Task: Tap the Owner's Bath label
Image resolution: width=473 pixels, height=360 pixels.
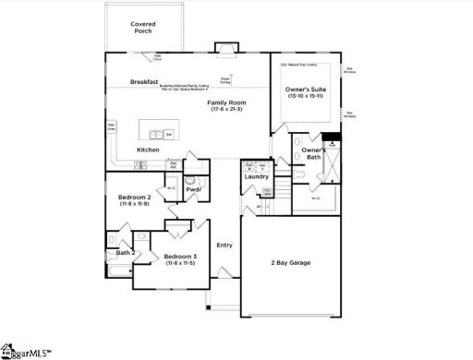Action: pyautogui.click(x=314, y=153)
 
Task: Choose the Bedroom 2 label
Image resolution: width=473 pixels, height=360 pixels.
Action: pyautogui.click(x=134, y=198)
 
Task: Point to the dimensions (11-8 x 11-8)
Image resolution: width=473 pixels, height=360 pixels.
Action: pyautogui.click(x=134, y=205)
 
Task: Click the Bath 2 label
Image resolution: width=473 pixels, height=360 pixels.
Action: pyautogui.click(x=126, y=252)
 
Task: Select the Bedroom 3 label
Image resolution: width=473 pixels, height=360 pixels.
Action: pyautogui.click(x=180, y=256)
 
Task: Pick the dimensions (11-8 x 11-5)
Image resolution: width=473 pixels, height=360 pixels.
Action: pyautogui.click(x=180, y=264)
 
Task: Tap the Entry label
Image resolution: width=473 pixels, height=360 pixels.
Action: pyautogui.click(x=224, y=245)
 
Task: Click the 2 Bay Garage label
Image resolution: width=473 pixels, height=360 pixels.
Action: pyautogui.click(x=290, y=263)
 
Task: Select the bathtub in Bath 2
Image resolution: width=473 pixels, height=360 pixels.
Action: pyautogui.click(x=120, y=270)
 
